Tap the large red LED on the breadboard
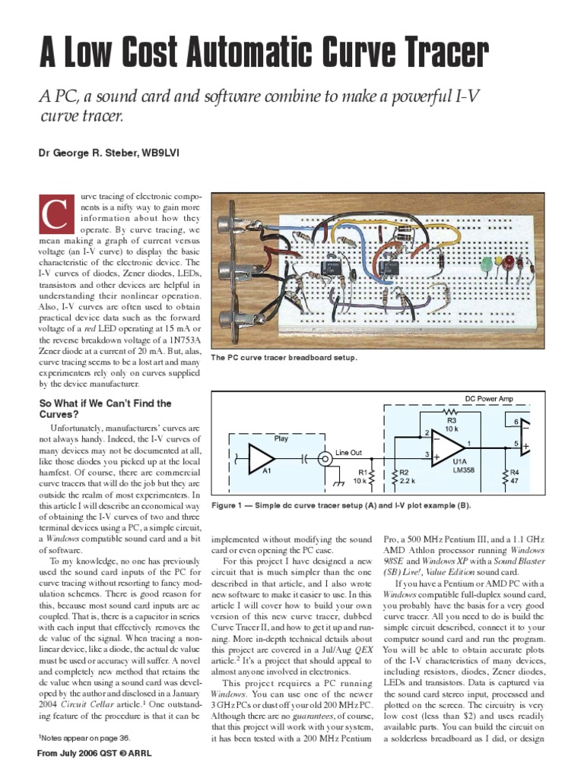click(x=501, y=263)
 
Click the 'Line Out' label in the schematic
click(x=348, y=453)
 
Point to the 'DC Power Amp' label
click(x=489, y=397)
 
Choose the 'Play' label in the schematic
click(x=281, y=439)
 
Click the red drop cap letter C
click(x=56, y=213)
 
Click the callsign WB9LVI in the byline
click(x=158, y=154)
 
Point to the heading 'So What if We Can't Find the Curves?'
click(x=105, y=409)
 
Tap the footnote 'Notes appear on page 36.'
click(x=84, y=737)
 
